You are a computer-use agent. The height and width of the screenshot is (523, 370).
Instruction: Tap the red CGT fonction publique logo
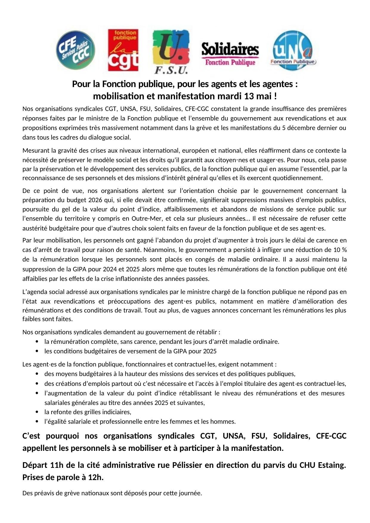click(123, 50)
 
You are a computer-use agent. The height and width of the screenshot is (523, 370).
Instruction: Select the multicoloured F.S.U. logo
click(171, 51)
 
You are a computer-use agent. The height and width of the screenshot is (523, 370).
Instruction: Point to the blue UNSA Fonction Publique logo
click(293, 51)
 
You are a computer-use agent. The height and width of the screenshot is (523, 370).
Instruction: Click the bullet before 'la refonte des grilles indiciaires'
click(37, 412)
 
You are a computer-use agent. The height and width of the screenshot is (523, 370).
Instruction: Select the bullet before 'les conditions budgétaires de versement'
click(37, 351)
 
